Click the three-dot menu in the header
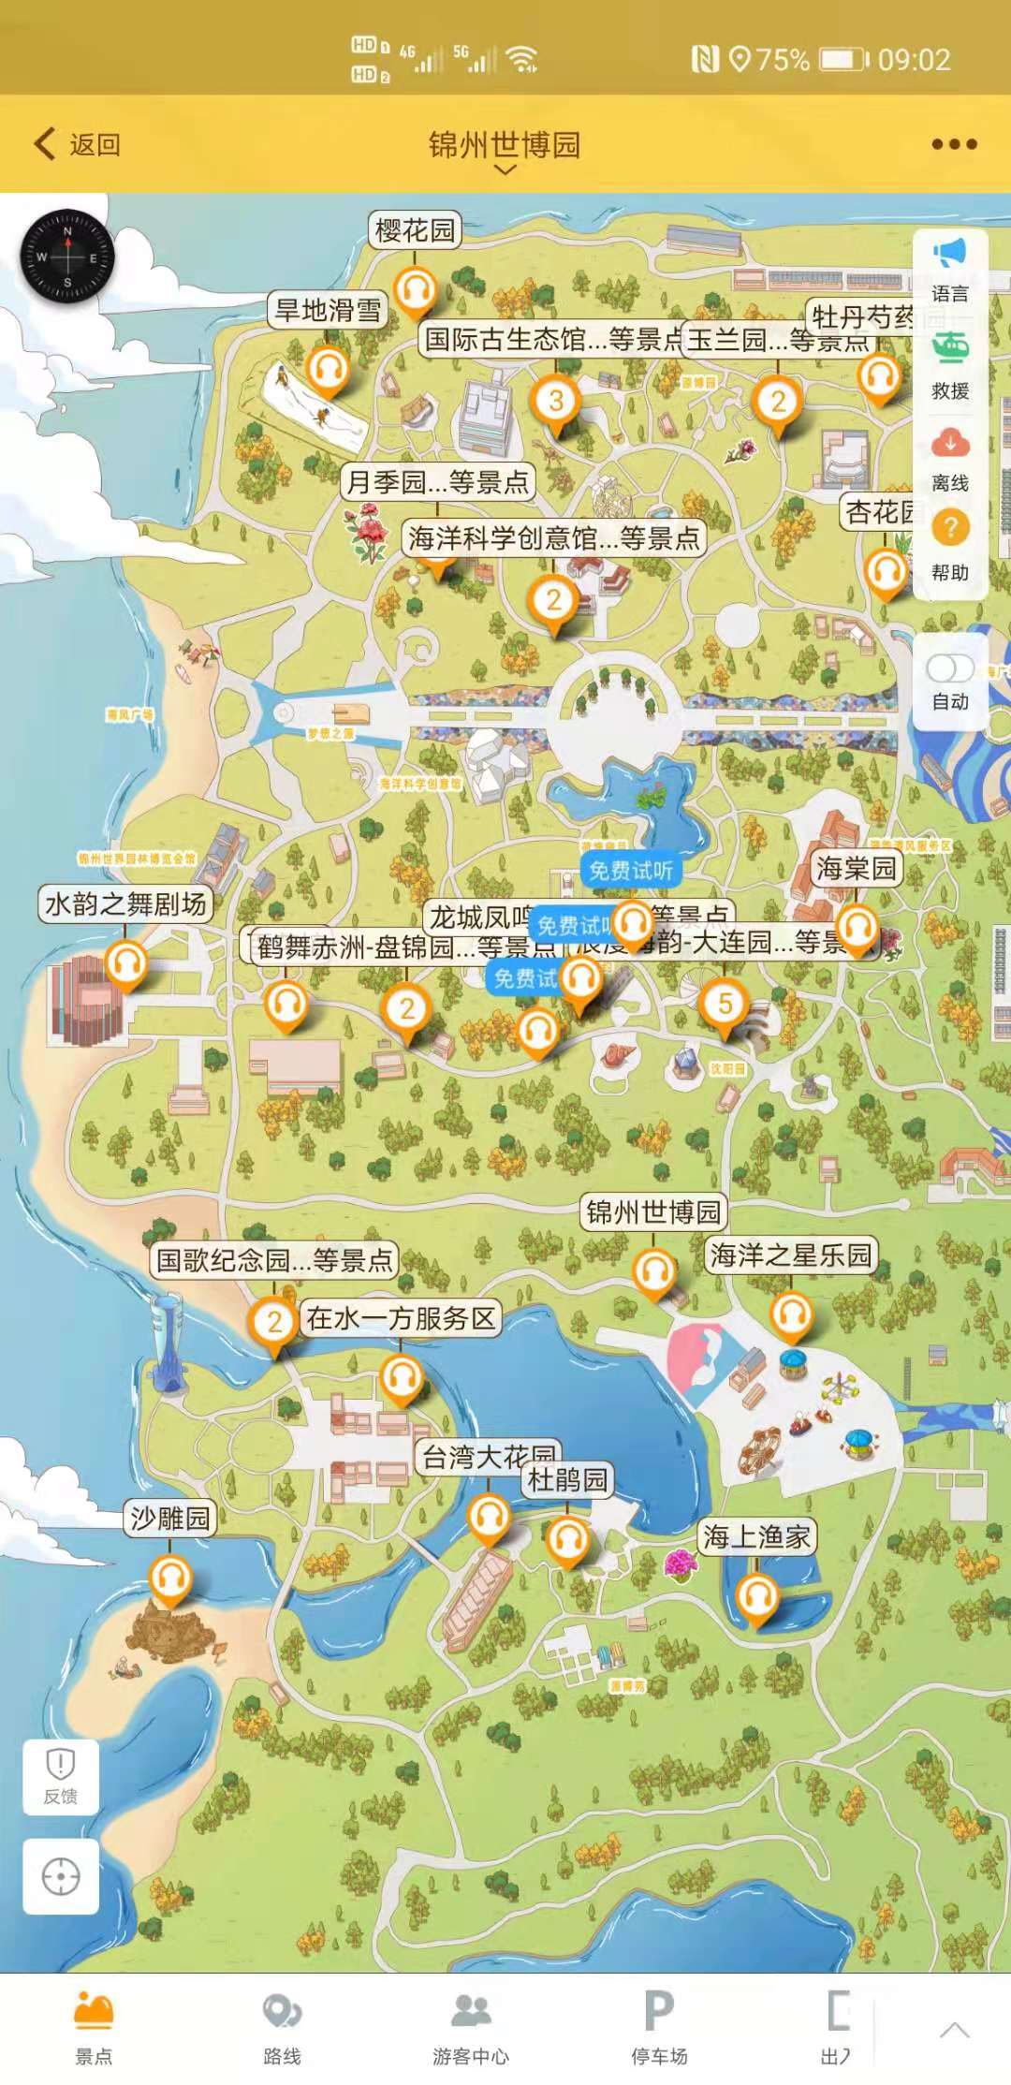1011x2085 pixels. (954, 144)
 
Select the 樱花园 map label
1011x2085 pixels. (415, 230)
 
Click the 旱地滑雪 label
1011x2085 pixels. (328, 310)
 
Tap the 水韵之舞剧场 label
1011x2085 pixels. (125, 903)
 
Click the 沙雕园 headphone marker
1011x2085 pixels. (170, 1578)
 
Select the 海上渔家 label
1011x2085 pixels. (756, 1536)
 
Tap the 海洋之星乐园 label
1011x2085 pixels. (791, 1255)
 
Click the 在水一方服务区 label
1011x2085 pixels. (401, 1318)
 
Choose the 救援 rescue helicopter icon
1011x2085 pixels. (950, 348)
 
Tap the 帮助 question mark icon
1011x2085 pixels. (950, 529)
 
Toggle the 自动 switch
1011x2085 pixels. (950, 668)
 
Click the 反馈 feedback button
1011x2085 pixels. (61, 1777)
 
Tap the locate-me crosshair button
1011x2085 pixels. (61, 1876)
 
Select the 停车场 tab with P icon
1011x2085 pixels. (659, 2025)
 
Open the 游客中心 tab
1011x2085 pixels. (471, 2025)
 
